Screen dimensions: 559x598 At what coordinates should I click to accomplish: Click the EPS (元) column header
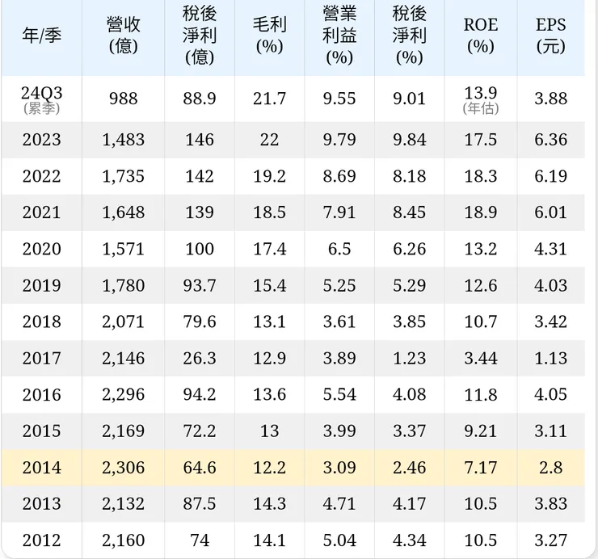pyautogui.click(x=550, y=36)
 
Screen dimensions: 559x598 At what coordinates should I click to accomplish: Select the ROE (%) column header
pyautogui.click(x=480, y=36)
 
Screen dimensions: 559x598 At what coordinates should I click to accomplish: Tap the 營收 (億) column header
pyautogui.click(x=123, y=36)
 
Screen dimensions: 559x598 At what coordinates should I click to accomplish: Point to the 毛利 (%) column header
pyautogui.click(x=269, y=36)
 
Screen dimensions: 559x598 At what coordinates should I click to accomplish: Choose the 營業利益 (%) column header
pyautogui.click(x=339, y=36)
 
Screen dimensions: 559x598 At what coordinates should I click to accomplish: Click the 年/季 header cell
pyautogui.click(x=41, y=36)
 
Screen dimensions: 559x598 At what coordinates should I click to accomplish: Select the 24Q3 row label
pyautogui.click(x=41, y=94)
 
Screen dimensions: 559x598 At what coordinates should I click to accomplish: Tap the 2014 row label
pyautogui.click(x=41, y=467)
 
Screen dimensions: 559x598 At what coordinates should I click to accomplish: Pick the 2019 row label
pyautogui.click(x=41, y=285)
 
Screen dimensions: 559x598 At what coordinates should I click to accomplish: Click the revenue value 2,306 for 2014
pyautogui.click(x=123, y=467)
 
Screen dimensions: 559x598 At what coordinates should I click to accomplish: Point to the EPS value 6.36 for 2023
pyautogui.click(x=550, y=140)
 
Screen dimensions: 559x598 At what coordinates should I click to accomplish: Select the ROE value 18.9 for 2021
pyautogui.click(x=480, y=212)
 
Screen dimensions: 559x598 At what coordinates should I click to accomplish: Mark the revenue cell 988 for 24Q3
pyautogui.click(x=123, y=99)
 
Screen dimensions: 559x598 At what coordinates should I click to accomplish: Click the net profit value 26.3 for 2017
pyautogui.click(x=199, y=358)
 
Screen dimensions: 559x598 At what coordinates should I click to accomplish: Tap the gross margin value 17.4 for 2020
pyautogui.click(x=269, y=249)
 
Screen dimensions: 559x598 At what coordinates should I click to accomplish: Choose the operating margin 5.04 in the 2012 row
pyautogui.click(x=339, y=540)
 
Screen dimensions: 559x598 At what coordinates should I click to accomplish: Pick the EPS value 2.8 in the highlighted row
pyautogui.click(x=550, y=467)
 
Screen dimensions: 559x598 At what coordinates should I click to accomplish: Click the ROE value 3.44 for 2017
pyautogui.click(x=480, y=358)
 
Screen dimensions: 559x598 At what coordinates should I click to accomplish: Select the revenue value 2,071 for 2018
pyautogui.click(x=123, y=322)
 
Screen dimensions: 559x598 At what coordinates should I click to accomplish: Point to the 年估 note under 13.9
pyautogui.click(x=480, y=108)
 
